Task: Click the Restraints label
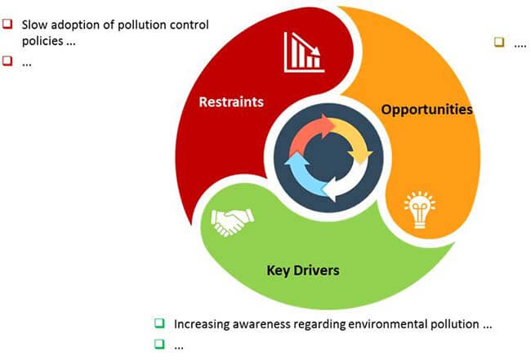click(231, 102)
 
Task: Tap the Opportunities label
click(426, 109)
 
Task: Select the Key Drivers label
click(303, 270)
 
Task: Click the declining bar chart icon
click(304, 52)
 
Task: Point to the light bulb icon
click(420, 210)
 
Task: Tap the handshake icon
click(232, 222)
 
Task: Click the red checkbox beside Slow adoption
click(7, 24)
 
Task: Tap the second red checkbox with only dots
click(7, 61)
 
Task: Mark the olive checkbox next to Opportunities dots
click(499, 42)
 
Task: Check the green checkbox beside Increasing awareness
click(159, 323)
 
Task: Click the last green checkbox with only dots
click(159, 344)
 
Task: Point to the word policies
click(42, 41)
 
